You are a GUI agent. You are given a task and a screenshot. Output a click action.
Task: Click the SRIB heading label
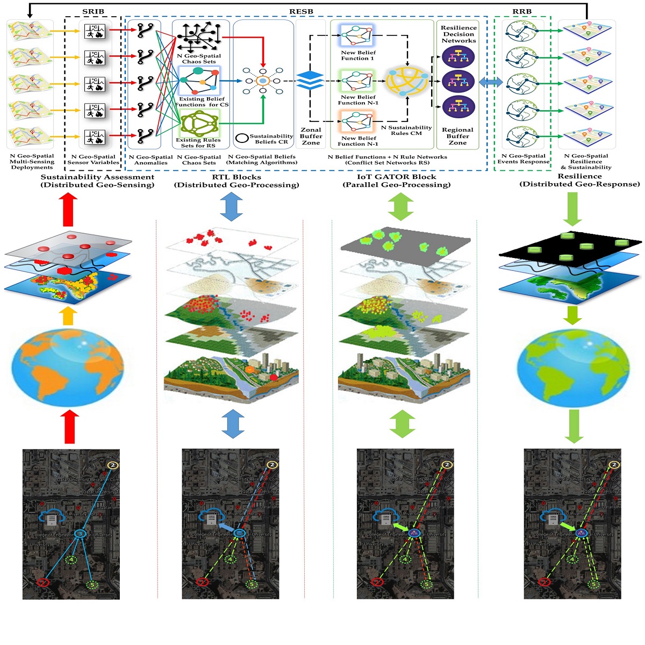pyautogui.click(x=93, y=11)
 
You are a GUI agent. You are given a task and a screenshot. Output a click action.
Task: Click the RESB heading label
pyautogui.click(x=301, y=11)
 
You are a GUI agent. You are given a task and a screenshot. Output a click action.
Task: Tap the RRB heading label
pyautogui.click(x=522, y=11)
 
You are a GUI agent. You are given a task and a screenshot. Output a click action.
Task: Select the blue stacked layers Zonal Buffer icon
pyautogui.click(x=310, y=81)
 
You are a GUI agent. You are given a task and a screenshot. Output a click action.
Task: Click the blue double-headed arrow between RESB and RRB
pyautogui.click(x=491, y=82)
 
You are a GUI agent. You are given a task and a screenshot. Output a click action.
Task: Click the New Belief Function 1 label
pyautogui.click(x=358, y=55)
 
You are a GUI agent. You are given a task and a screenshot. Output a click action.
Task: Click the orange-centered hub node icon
pyautogui.click(x=263, y=81)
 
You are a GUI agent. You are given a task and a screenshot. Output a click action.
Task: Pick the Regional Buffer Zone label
pyautogui.click(x=457, y=136)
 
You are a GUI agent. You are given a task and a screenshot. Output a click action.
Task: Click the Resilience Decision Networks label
pyautogui.click(x=458, y=34)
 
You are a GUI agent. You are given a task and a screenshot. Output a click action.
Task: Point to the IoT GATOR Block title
pyautogui.click(x=397, y=177)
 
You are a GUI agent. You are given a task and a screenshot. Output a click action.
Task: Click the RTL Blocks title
pyautogui.click(x=236, y=177)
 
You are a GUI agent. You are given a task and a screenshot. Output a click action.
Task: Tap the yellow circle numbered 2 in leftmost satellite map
pyautogui.click(x=112, y=465)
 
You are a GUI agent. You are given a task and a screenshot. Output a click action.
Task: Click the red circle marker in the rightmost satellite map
pyautogui.click(x=544, y=582)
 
